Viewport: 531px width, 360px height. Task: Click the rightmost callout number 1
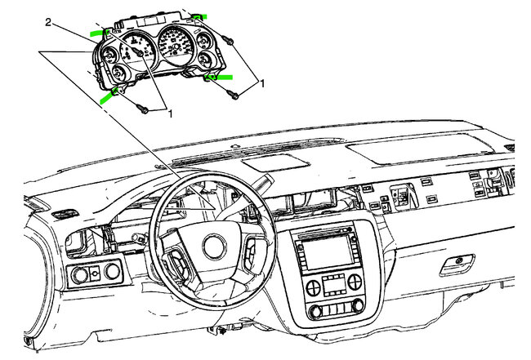click(x=262, y=83)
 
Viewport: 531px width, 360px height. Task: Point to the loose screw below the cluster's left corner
click(x=144, y=109)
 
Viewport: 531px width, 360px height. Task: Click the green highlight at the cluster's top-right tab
click(x=199, y=16)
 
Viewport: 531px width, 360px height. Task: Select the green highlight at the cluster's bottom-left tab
click(x=106, y=98)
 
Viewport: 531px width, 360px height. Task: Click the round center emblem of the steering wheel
click(x=218, y=244)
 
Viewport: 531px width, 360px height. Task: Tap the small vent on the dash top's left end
click(x=61, y=214)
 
